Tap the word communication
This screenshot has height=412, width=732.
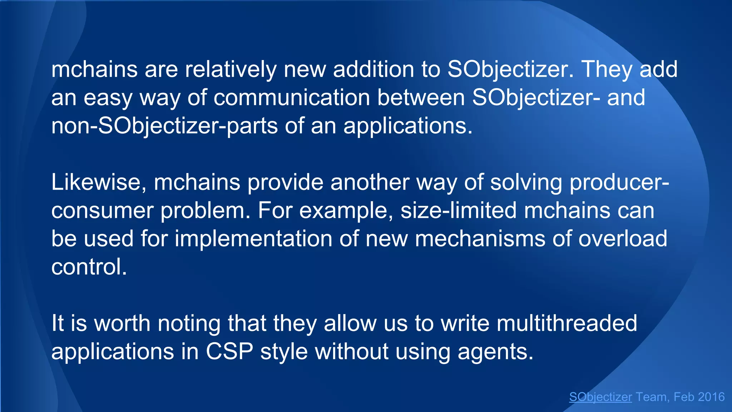coord(292,98)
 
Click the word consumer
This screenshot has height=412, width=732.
coord(102,211)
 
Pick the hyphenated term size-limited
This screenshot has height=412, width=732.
coord(459,210)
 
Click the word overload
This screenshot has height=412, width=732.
coord(623,239)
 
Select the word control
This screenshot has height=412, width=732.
coord(89,267)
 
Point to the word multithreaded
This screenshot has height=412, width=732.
coord(567,323)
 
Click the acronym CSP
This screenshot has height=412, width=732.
coord(229,352)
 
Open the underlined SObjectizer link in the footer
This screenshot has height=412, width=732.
coord(600,397)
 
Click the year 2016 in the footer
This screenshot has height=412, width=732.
coord(711,397)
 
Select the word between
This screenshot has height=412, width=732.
coord(421,98)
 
